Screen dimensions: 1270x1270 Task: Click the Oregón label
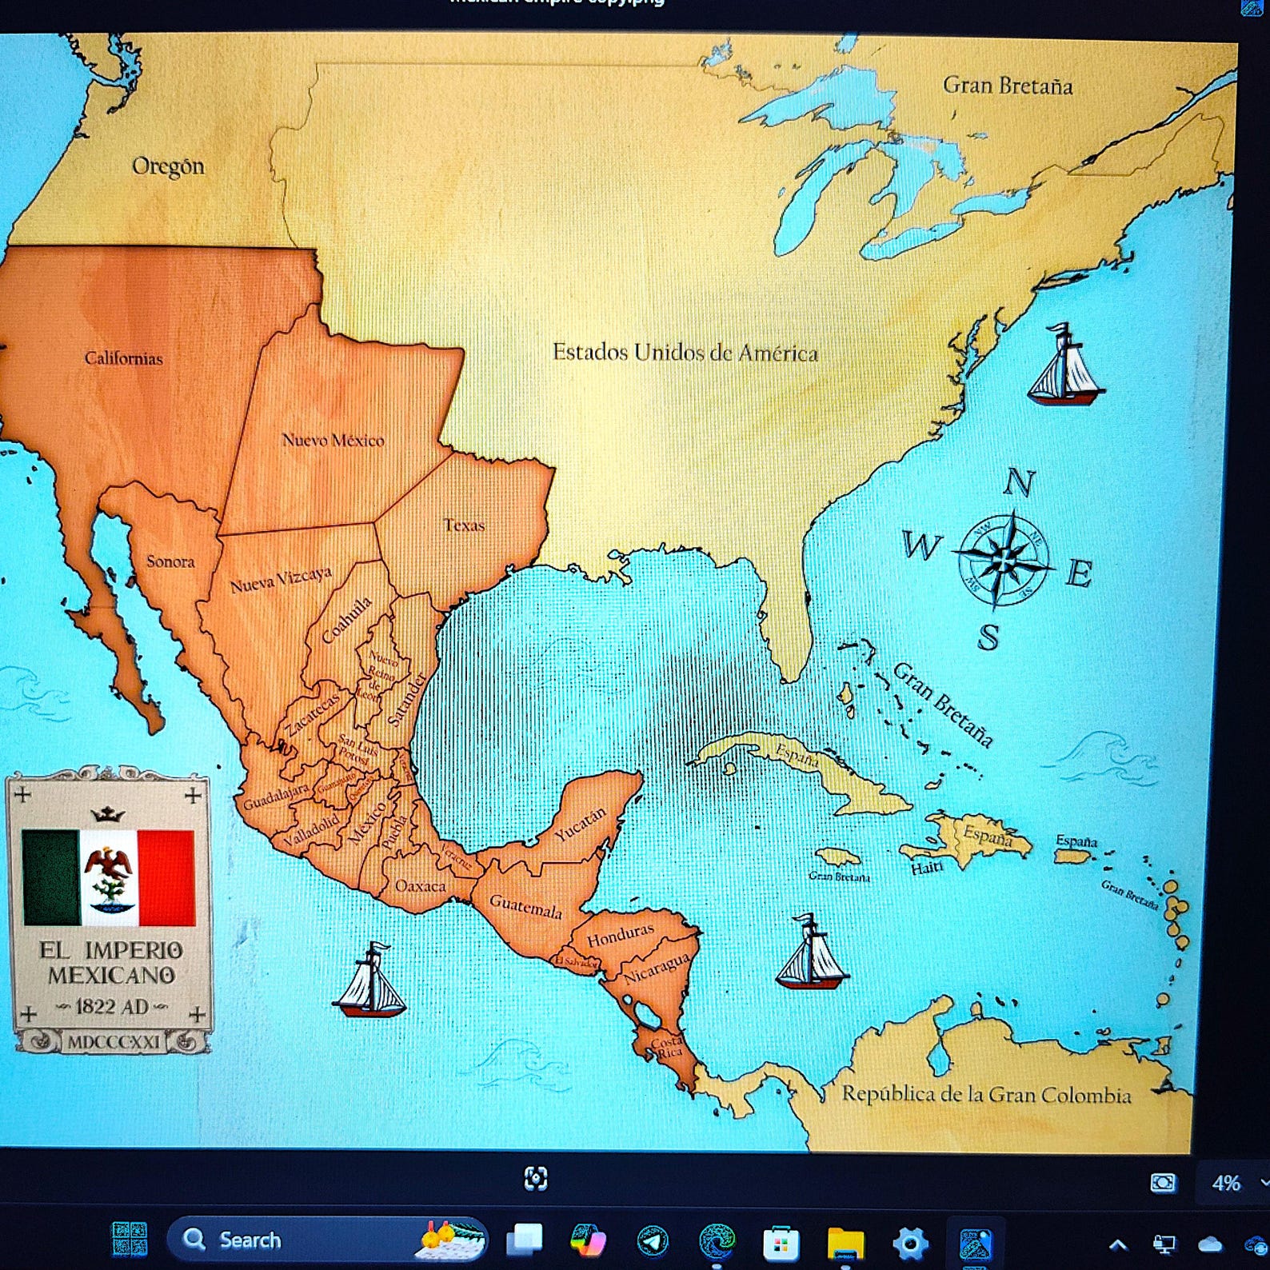[x=168, y=166]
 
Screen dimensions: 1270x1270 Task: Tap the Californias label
[x=124, y=358]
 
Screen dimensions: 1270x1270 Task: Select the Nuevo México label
[x=333, y=440]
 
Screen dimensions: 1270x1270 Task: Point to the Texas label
[x=464, y=525]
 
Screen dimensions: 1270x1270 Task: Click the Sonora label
[x=170, y=561]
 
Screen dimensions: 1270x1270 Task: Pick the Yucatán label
[x=581, y=825]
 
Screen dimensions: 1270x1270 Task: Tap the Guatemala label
[x=525, y=907]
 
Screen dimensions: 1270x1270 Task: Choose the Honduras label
[x=621, y=935]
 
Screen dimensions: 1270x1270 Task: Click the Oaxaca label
[x=420, y=886]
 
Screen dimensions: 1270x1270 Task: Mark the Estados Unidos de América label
[x=685, y=352]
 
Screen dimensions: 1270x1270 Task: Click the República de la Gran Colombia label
[x=986, y=1094]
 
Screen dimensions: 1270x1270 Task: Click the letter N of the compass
[x=1018, y=482]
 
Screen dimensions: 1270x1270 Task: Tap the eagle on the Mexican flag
[x=109, y=872]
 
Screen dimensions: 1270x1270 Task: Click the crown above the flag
[x=108, y=814]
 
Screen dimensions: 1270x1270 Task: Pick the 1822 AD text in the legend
[x=111, y=1006]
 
